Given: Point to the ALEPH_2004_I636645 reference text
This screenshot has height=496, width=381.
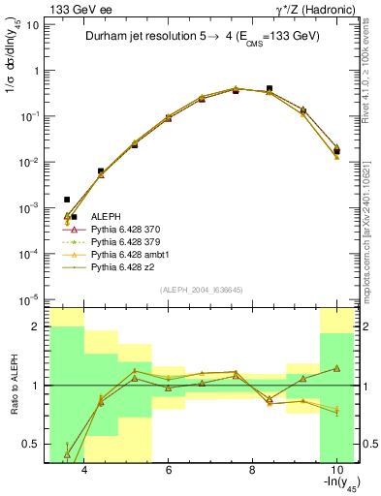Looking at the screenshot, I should tap(201, 290).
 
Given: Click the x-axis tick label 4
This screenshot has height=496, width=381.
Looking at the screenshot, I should tap(84, 472).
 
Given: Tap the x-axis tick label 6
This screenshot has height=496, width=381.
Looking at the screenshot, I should tap(169, 472).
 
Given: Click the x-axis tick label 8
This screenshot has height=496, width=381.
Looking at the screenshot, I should tap(252, 472).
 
